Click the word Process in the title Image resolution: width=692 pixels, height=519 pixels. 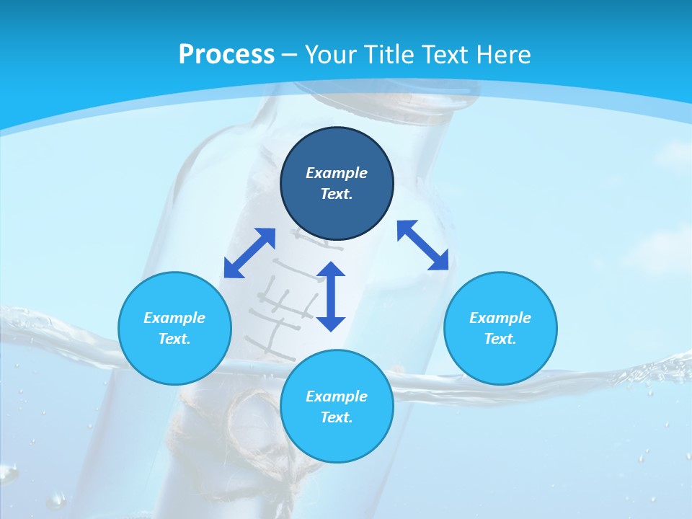point(226,55)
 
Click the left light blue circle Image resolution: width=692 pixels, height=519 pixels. point(174,328)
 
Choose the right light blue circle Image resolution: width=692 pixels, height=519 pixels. point(500,328)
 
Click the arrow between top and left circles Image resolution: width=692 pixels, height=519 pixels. point(249,253)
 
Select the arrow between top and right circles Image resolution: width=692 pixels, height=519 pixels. point(422,246)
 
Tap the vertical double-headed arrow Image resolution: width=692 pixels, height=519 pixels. point(331,296)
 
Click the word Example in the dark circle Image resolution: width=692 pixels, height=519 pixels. point(337,173)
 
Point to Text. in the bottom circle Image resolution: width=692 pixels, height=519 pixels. point(337,417)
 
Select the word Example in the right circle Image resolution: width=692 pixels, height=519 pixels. point(500,318)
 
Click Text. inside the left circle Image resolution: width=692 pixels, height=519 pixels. point(174,339)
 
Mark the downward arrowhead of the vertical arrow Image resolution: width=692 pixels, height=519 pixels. point(331,322)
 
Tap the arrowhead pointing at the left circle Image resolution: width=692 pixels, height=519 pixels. point(233,268)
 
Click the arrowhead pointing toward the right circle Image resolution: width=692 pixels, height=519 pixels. point(439,261)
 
